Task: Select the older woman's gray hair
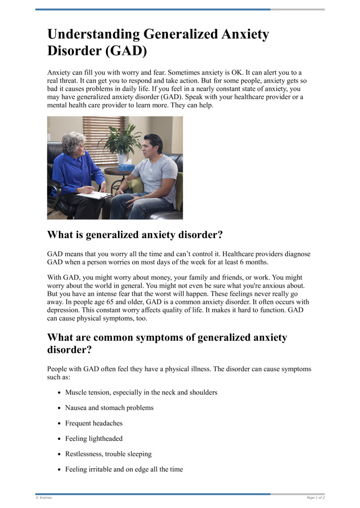[x=73, y=142]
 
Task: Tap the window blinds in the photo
[x=103, y=135]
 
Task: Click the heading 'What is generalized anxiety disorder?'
[x=135, y=235]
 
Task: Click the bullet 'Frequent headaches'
[x=94, y=423]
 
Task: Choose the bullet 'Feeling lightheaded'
[x=94, y=438]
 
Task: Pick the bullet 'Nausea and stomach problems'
[x=109, y=408]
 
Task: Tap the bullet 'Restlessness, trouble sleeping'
[x=108, y=454]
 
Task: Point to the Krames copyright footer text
[x=44, y=498]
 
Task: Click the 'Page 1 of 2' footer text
[x=315, y=498]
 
